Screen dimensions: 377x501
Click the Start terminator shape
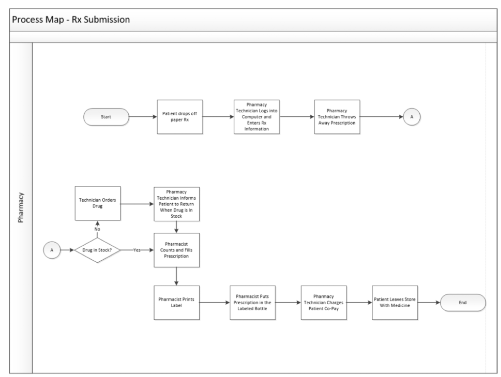(106, 117)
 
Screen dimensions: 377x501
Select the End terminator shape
(462, 303)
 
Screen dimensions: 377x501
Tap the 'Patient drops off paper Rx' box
(180, 117)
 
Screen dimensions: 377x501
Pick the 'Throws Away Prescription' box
(337, 117)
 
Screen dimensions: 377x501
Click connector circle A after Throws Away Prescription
(412, 117)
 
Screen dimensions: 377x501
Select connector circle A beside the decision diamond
(51, 250)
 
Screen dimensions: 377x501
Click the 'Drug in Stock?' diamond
(97, 250)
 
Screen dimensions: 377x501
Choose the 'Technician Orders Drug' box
(97, 203)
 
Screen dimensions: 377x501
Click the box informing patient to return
(177, 203)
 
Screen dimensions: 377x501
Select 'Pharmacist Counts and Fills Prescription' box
(177, 250)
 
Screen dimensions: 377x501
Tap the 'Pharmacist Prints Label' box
(177, 303)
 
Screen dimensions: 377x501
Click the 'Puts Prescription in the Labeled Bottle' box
(252, 303)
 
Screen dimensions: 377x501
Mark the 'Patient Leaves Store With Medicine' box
(395, 303)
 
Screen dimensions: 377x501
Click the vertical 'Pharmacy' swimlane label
(21, 208)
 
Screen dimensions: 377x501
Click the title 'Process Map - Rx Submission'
(71, 21)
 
